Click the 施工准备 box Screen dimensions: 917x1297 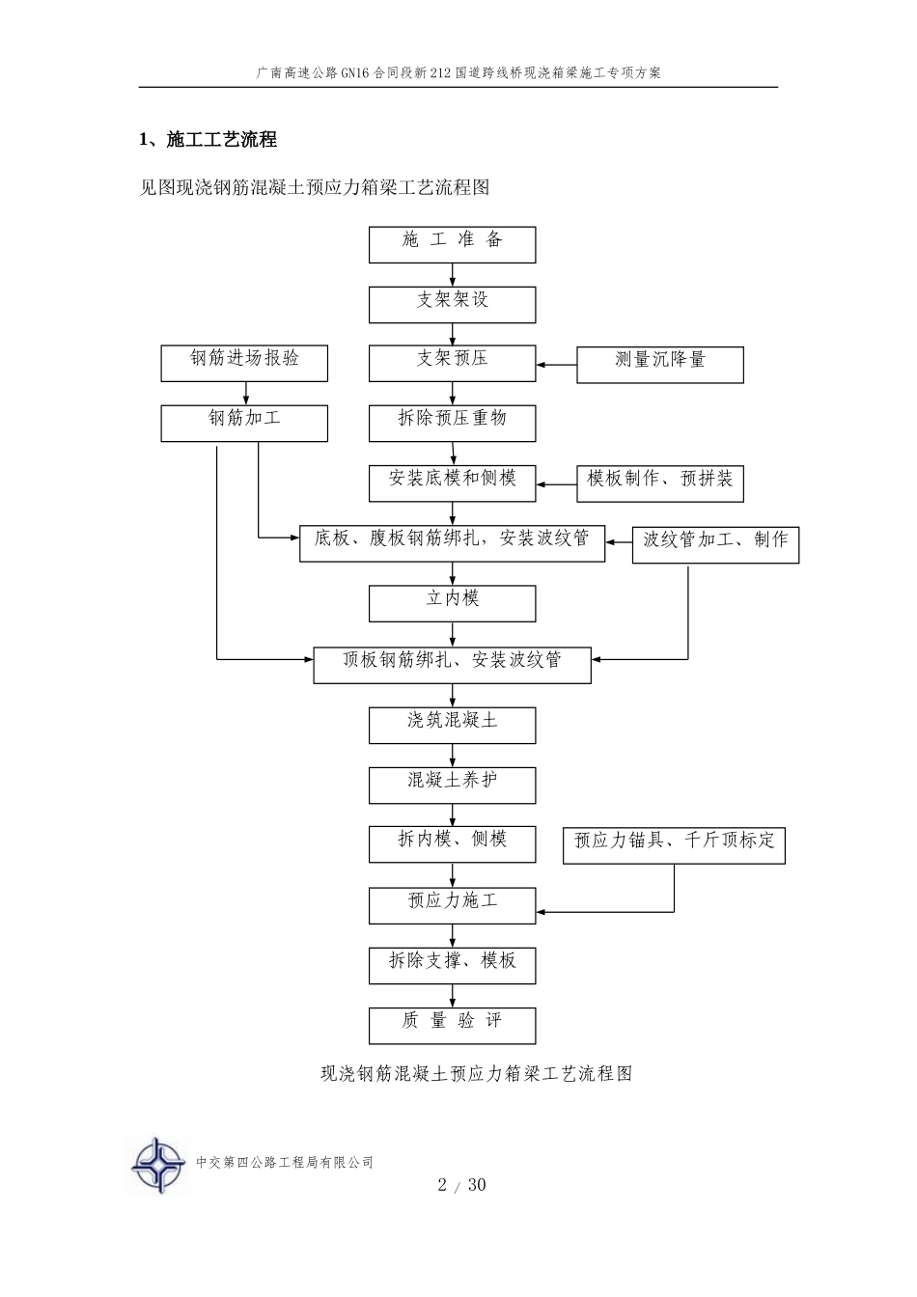[452, 244]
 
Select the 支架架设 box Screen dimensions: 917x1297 [452, 305]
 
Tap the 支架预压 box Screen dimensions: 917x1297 [452, 364]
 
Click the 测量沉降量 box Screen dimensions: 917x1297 [660, 365]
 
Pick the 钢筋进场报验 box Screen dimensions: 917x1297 [244, 364]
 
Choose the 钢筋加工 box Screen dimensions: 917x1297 [244, 424]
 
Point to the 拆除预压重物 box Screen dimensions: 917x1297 [452, 424]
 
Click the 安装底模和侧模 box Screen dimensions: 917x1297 [452, 483]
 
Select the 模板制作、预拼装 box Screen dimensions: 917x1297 [660, 484]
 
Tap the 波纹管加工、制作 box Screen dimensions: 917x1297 [715, 545]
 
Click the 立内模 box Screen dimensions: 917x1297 [452, 603]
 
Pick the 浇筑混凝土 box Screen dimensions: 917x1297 [452, 726]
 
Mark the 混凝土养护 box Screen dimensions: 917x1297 [452, 786]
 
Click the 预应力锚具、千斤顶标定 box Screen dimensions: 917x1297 [674, 846]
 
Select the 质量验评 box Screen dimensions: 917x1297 [452, 1026]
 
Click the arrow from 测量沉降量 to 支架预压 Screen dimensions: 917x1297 [557, 365]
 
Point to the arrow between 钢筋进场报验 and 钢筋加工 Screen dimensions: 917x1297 [246, 393]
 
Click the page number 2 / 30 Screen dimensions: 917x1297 [461, 1185]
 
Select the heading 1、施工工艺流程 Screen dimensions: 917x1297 [208, 140]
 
